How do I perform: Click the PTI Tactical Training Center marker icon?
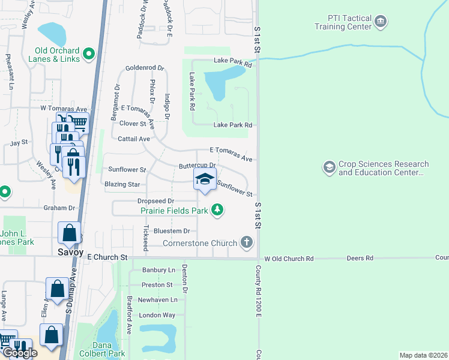[380, 22]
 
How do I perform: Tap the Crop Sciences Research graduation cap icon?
[329, 167]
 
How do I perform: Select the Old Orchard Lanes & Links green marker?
[89, 55]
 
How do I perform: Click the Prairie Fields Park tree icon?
[217, 210]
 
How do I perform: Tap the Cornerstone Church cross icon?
[246, 242]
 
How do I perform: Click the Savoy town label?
[70, 253]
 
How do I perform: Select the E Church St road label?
[108, 257]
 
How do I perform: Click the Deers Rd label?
[360, 258]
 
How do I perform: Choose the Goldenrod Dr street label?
[144, 68]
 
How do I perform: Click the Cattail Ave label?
[136, 139]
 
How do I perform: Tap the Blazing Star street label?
[122, 184]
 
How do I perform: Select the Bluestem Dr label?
[171, 230]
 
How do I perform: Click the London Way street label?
[158, 315]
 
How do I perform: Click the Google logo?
[19, 353]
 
